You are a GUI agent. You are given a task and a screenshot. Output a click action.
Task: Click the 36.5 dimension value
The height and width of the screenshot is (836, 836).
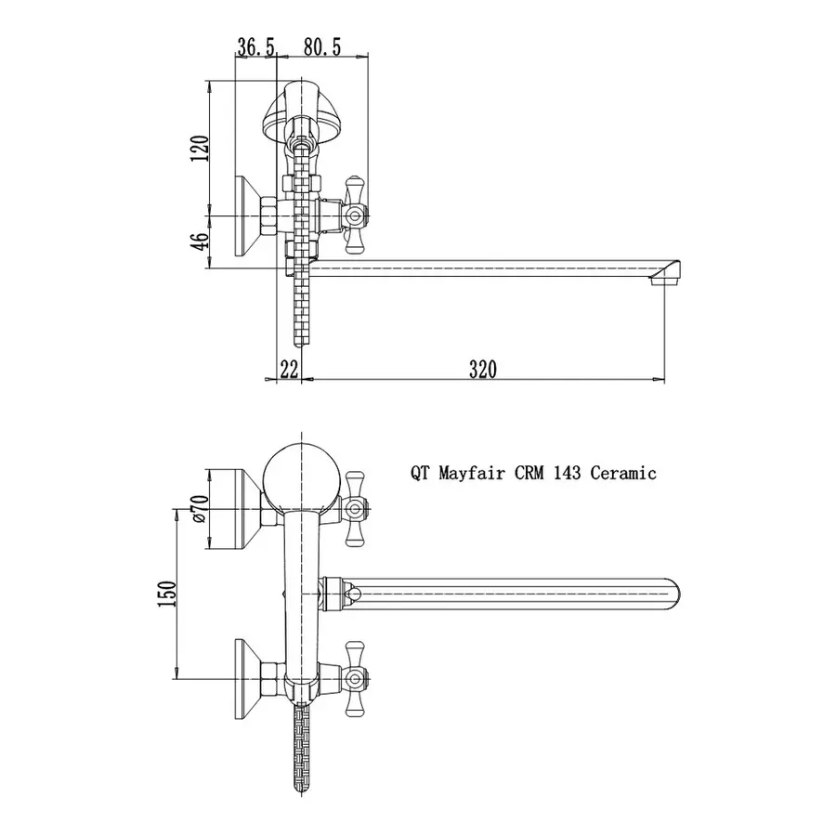[x=255, y=47]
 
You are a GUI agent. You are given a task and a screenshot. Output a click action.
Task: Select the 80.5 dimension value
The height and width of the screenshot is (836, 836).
[x=322, y=47]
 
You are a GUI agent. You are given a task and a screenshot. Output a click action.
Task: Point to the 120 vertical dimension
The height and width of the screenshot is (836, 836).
[x=200, y=149]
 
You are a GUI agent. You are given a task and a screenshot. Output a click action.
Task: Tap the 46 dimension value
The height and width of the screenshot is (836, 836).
[x=199, y=242]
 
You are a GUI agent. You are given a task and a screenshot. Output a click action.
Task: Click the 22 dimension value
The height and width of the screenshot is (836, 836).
[x=289, y=369]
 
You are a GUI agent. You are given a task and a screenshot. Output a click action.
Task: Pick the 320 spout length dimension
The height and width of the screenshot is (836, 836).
[x=482, y=369]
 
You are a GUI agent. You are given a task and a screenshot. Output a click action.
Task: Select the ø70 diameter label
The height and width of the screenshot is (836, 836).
[x=199, y=509]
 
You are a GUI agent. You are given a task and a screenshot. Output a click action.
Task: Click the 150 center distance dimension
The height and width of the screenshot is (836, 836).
[x=166, y=594]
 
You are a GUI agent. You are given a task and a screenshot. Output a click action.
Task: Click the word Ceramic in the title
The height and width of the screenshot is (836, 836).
[x=623, y=473]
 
